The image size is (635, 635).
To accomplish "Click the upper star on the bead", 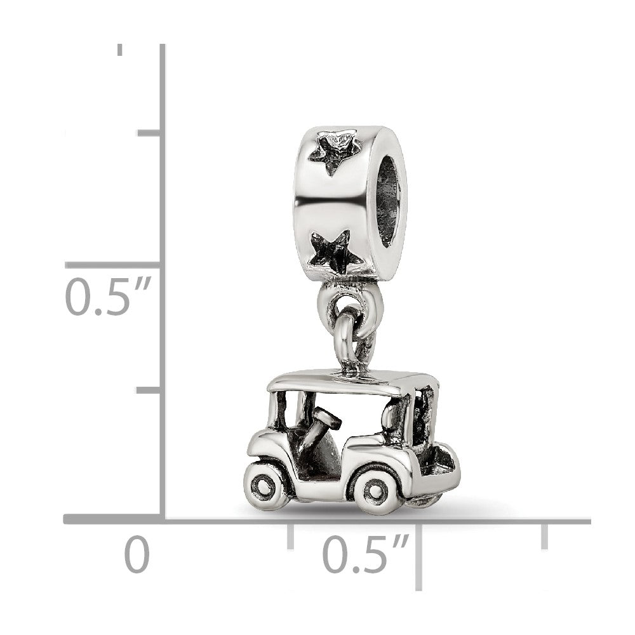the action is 334,151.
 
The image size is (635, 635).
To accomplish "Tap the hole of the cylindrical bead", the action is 390,202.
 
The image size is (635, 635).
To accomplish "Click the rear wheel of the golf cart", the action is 376,491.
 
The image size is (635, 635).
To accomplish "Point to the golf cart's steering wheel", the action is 323,417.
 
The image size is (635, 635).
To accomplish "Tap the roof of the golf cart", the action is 352,380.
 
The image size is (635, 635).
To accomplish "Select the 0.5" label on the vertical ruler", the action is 108,296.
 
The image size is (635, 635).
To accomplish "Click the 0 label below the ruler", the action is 137,554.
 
